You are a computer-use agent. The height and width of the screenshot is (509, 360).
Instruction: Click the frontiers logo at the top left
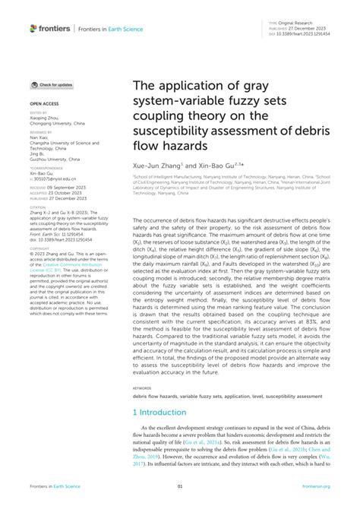point(51,28)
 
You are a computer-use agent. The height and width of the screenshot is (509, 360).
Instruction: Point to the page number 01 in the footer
point(180,487)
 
